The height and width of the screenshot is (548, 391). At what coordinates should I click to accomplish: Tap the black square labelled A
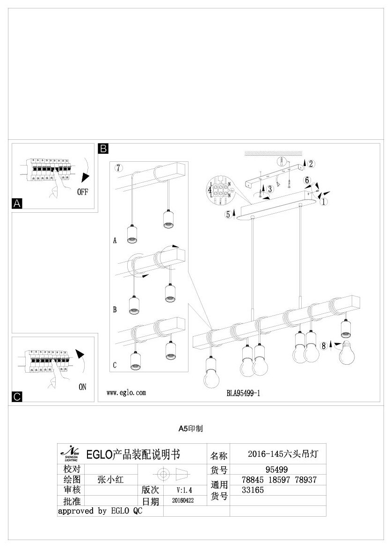pyautogui.click(x=17, y=203)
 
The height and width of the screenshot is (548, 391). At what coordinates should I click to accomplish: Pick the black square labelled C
pyautogui.click(x=17, y=397)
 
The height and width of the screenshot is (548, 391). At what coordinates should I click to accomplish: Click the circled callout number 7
pyautogui.click(x=119, y=168)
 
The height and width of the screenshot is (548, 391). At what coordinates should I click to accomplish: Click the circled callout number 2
pyautogui.click(x=311, y=163)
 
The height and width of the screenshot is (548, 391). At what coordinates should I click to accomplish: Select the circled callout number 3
pyautogui.click(x=269, y=189)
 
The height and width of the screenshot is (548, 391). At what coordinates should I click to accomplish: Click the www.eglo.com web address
pyautogui.click(x=126, y=393)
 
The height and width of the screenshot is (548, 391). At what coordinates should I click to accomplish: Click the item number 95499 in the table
pyautogui.click(x=276, y=469)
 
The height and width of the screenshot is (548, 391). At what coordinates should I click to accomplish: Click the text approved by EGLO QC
pyautogui.click(x=100, y=511)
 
